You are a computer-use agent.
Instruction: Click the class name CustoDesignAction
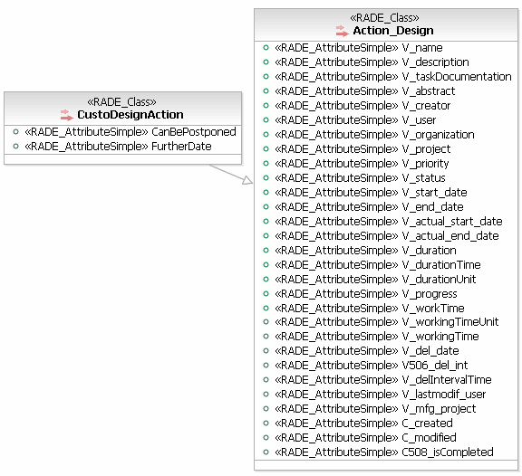point(130,115)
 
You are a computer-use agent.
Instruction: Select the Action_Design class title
point(393,31)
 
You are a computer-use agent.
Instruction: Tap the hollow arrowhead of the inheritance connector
point(247,180)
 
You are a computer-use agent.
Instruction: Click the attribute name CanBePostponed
point(194,132)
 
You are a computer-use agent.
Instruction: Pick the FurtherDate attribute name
point(181,147)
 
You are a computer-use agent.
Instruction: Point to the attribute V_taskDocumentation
point(457,77)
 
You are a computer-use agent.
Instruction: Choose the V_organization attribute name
point(438,135)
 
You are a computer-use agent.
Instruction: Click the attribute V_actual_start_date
point(452,222)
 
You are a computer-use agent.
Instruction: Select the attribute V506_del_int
point(435,366)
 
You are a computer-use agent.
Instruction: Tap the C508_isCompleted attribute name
point(448,452)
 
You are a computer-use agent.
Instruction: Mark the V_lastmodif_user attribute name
point(444,395)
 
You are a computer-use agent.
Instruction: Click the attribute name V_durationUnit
point(439,280)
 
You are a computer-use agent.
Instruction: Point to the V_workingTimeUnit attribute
point(450,322)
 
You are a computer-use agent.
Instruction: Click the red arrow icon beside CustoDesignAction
point(66,115)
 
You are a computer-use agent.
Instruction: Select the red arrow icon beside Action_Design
point(343,31)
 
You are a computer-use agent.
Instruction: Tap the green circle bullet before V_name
point(266,48)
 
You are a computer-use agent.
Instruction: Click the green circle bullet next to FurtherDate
point(15,146)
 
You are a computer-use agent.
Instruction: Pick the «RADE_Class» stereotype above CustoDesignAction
point(121,101)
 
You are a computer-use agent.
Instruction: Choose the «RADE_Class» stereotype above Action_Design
point(384,17)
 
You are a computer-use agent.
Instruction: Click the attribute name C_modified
point(430,438)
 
